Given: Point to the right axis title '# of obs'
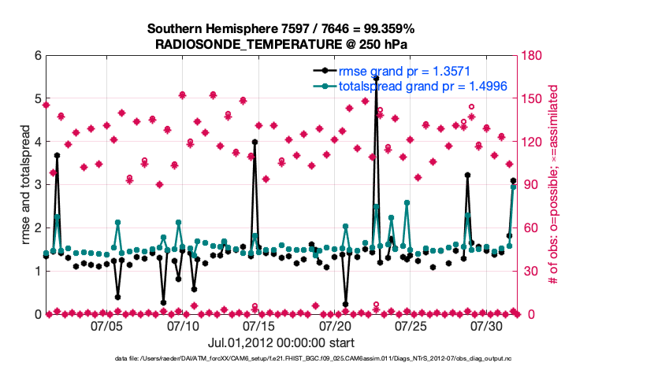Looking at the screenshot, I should coord(553,185).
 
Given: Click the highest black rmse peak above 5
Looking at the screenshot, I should coord(376,79).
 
